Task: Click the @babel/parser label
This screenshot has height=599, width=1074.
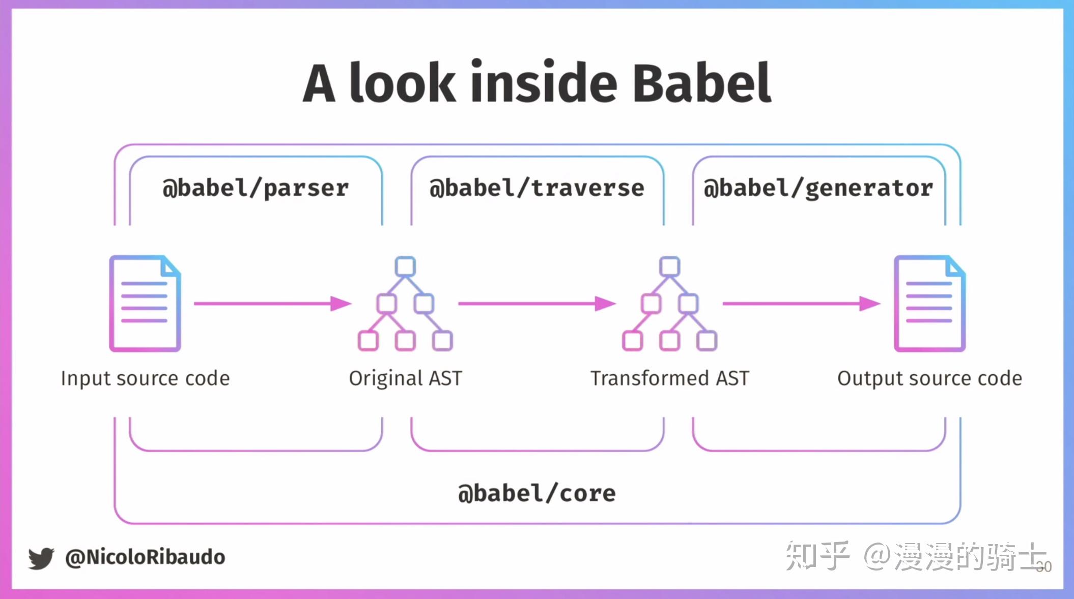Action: [256, 188]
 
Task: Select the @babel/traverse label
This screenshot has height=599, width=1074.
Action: [537, 188]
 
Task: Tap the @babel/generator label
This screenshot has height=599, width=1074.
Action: [818, 188]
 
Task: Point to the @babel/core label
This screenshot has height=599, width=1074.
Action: [537, 493]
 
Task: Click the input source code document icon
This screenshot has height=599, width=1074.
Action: [145, 304]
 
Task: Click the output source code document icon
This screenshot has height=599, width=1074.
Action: [929, 304]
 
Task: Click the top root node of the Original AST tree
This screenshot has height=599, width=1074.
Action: [405, 266]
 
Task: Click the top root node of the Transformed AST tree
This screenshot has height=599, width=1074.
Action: [669, 266]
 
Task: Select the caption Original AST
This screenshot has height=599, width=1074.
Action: [405, 378]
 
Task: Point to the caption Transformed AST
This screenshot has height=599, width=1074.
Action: [669, 378]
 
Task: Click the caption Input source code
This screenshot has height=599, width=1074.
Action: [145, 378]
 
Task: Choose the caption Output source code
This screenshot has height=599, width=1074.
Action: [929, 378]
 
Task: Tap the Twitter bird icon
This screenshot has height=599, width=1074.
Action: [41, 558]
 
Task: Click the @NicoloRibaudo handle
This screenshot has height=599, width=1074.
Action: [145, 557]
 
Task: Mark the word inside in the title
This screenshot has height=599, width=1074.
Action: [544, 83]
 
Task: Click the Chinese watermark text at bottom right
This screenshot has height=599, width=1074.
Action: [916, 556]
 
